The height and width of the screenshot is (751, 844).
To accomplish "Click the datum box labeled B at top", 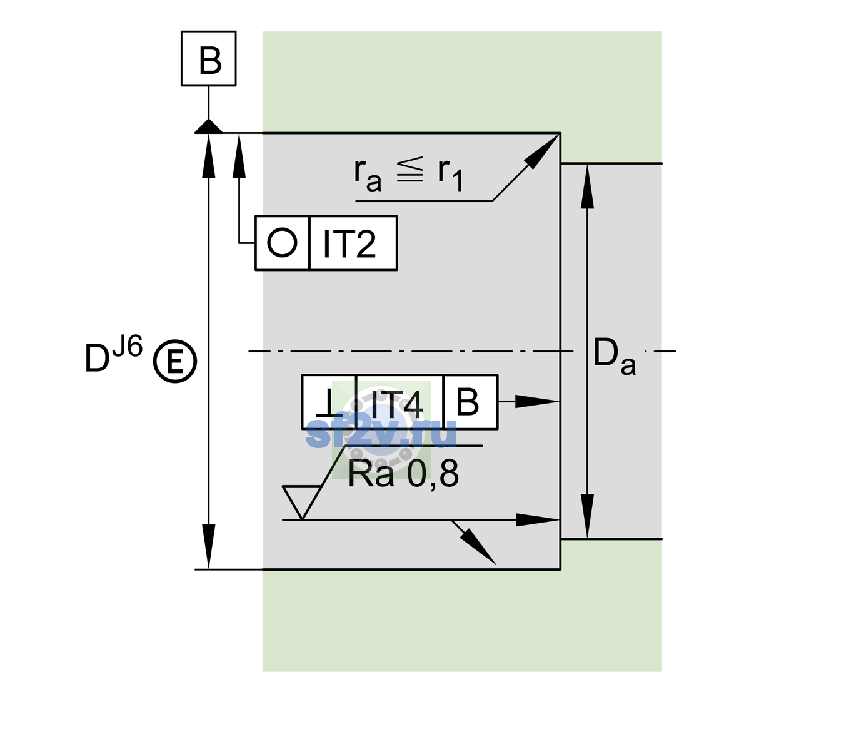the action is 208,58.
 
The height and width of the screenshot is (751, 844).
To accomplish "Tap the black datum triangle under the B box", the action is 208,127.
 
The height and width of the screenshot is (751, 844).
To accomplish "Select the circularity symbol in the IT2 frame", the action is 282,243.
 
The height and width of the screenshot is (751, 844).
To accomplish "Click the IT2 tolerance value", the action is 349,243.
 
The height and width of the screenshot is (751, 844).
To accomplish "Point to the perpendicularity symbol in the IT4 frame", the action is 329,403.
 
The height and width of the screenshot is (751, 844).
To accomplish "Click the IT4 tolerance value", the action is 396,404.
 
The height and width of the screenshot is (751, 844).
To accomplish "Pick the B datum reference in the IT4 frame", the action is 468,402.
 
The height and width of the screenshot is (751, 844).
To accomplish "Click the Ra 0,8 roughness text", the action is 403,474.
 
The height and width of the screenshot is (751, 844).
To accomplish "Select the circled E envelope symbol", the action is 175,361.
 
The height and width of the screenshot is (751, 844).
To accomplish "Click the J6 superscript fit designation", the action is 128,347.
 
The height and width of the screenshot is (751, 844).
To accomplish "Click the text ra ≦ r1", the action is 408,175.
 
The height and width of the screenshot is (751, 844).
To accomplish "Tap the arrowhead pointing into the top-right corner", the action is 541,151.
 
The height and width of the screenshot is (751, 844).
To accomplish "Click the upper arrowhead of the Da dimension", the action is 588,186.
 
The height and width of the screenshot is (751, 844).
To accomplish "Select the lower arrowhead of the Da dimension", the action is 588,516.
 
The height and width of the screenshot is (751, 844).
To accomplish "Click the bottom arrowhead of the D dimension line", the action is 208,547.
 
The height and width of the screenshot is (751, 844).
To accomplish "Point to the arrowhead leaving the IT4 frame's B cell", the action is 537,402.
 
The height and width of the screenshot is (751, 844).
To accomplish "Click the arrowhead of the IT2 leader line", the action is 239,156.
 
